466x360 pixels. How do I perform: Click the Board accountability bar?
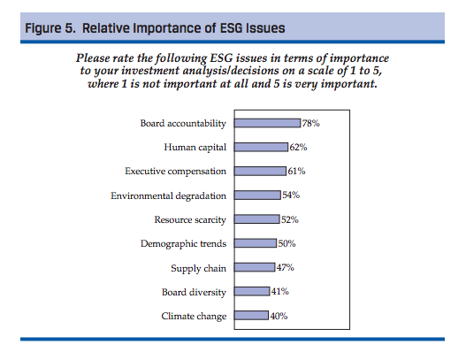267,123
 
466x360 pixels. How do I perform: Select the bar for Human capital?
261,147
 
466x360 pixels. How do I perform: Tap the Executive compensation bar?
260,172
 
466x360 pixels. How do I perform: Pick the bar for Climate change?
251,316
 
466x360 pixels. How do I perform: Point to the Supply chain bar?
255,267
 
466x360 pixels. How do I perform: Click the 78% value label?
311,123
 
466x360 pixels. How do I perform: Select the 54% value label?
291,195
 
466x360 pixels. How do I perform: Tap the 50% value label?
286,243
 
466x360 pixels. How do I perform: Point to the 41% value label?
280,291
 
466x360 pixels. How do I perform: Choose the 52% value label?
290,219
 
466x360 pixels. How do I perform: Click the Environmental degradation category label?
169,195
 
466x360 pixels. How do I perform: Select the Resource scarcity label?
190,220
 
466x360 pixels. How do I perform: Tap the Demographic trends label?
183,244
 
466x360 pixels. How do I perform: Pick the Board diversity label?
194,292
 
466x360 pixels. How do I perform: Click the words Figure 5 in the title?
50,28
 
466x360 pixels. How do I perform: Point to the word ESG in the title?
231,28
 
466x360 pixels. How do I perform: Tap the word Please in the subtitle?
93,57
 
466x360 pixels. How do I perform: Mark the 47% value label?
286,267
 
